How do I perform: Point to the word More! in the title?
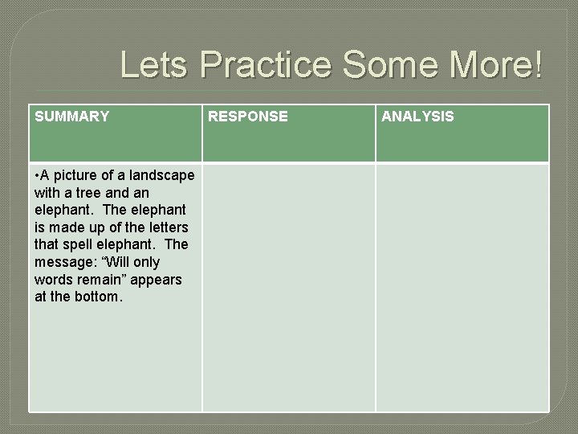[x=499, y=65]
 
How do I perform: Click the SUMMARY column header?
[x=72, y=117]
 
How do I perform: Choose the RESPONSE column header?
[x=248, y=117]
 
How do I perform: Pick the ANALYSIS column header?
[x=417, y=117]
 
